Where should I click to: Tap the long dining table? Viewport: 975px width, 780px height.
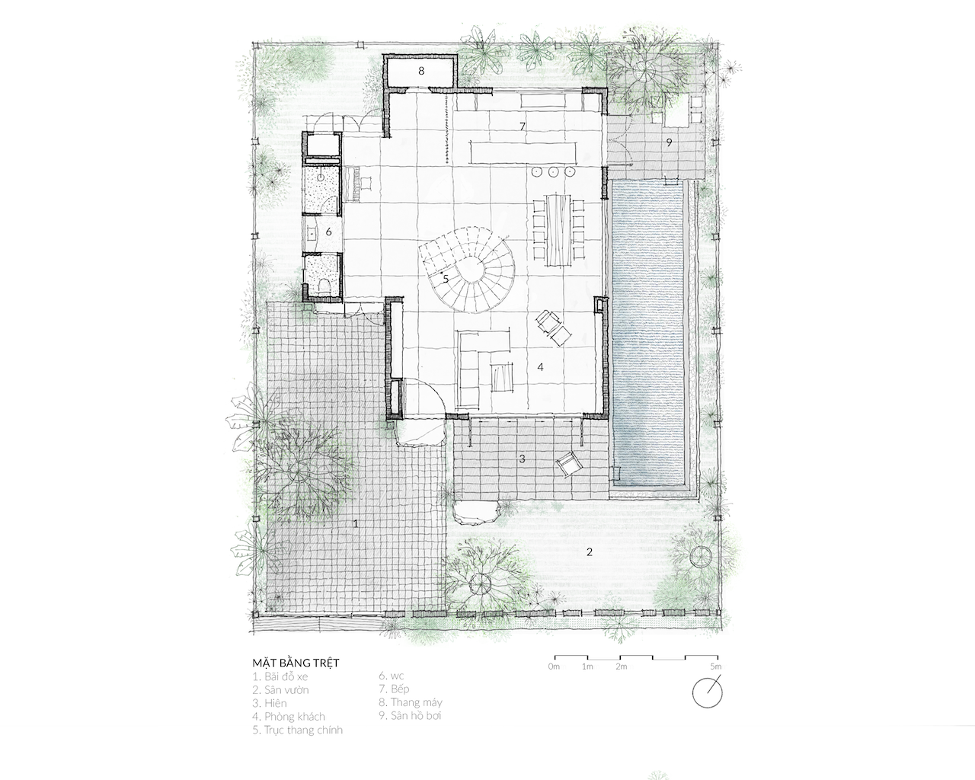click(558, 229)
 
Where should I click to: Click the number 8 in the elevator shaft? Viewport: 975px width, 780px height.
click(421, 71)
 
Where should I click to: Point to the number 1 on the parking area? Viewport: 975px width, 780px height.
click(356, 524)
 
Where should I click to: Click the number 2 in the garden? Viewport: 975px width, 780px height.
click(590, 552)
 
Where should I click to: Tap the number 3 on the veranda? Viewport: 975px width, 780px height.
click(522, 459)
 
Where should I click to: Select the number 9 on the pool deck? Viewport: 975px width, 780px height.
click(669, 142)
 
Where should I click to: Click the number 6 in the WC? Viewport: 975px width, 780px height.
click(329, 232)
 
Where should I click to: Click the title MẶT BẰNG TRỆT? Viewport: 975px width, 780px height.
click(296, 663)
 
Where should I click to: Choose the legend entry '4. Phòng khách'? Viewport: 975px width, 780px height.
click(289, 717)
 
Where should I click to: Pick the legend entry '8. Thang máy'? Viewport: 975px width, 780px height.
click(411, 702)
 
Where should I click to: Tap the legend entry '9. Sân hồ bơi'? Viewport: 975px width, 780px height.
click(410, 716)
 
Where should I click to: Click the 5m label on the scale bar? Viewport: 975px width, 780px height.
click(716, 667)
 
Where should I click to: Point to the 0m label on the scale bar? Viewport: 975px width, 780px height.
click(554, 667)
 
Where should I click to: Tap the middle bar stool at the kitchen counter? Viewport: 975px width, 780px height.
click(553, 172)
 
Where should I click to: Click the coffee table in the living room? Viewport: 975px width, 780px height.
click(500, 376)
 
